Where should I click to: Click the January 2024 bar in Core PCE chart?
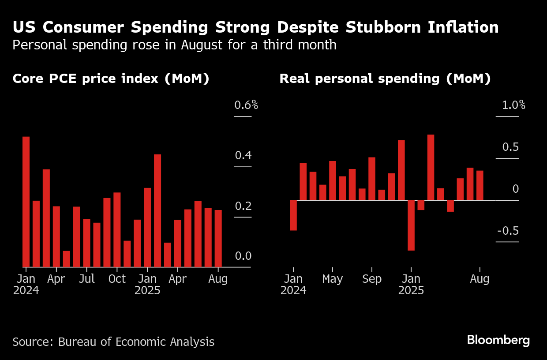[x=26, y=202]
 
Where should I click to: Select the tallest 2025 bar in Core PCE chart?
[x=157, y=210]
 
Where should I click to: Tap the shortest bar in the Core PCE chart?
[x=67, y=259]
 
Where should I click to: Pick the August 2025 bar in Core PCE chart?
[x=218, y=238]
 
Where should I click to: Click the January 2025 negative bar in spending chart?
[x=411, y=225]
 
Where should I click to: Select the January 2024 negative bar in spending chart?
[x=293, y=215]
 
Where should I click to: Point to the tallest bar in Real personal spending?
[x=431, y=167]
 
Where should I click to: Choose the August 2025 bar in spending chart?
[x=480, y=185]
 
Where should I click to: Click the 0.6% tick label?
[x=246, y=105]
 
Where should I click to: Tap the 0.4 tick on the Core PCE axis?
[x=243, y=156]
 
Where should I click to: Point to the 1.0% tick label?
[x=513, y=105]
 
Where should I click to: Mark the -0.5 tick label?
[x=508, y=232]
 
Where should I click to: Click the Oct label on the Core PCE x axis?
[x=117, y=279]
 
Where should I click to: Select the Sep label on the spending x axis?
[x=372, y=279]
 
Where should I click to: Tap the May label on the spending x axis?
[x=332, y=279]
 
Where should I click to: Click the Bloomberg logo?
[x=498, y=340]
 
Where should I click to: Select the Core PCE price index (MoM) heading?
[x=111, y=79]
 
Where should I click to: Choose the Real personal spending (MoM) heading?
[x=385, y=79]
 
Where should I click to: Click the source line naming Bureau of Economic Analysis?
[x=113, y=341]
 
